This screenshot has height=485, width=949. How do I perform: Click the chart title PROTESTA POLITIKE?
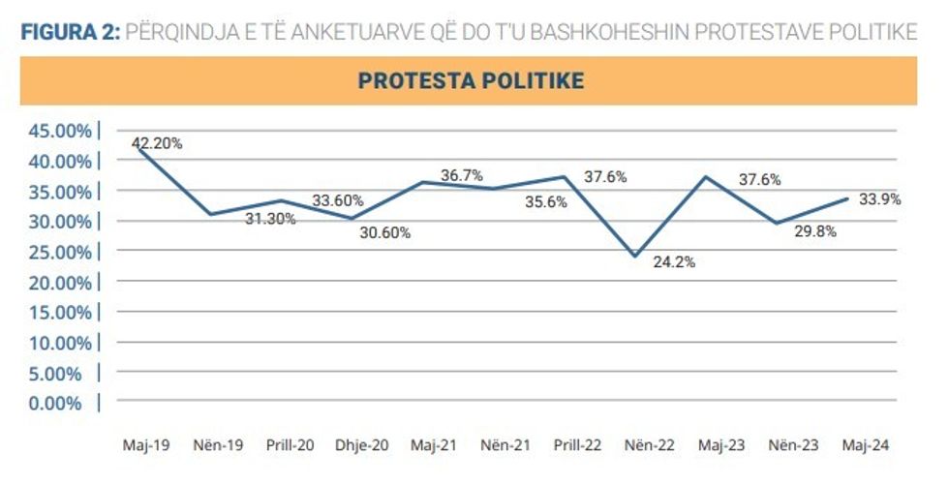(x=471, y=80)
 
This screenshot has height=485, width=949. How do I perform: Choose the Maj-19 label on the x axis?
(x=146, y=445)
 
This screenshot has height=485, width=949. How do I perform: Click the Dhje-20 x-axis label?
(x=362, y=445)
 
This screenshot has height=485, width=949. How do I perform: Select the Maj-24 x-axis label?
(x=866, y=445)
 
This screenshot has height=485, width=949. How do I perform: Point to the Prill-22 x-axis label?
(x=577, y=445)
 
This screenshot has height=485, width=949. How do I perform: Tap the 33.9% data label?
(x=880, y=199)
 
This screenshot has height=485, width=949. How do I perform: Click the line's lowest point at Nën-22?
(x=635, y=257)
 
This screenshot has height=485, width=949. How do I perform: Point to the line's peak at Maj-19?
(x=140, y=148)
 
